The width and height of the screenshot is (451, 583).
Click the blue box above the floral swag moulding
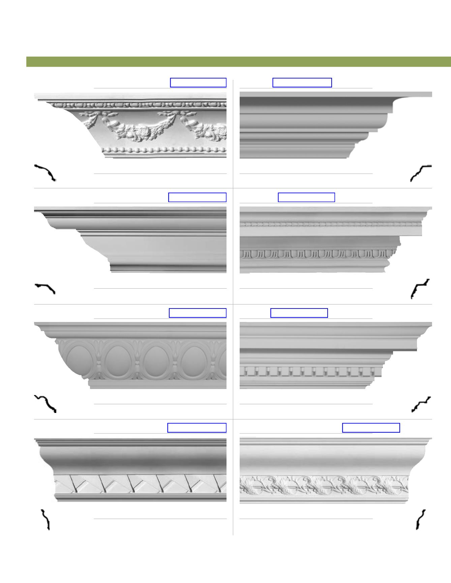pyautogui.click(x=198, y=83)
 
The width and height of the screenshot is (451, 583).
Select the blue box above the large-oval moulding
pyautogui.click(x=197, y=313)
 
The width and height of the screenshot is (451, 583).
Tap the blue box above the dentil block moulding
pyautogui.click(x=299, y=313)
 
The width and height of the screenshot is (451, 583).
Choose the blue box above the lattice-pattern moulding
pyautogui.click(x=197, y=428)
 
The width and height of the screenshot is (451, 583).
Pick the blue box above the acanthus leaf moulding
pyautogui.click(x=371, y=428)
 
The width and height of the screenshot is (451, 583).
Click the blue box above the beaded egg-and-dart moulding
pyautogui.click(x=306, y=197)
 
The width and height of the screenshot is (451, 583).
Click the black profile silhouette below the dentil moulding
pyautogui.click(x=421, y=404)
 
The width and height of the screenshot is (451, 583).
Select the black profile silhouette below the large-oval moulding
pyautogui.click(x=46, y=403)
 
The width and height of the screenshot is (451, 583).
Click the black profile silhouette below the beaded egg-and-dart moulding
pyautogui.click(x=420, y=289)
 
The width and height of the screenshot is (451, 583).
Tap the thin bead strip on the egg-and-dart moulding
pyautogui.click(x=330, y=224)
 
